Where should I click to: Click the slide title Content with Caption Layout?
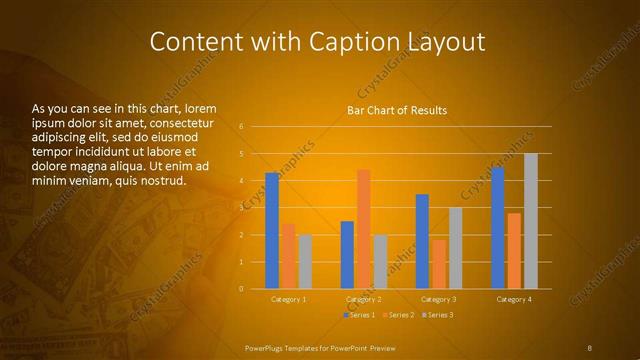317,42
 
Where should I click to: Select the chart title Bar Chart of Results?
397,110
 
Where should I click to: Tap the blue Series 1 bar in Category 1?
272,230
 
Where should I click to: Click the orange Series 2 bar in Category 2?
363,228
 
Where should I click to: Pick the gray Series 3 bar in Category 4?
530,221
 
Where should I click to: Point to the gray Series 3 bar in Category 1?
305,261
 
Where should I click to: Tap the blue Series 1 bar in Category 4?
497,228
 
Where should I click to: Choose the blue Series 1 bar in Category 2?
347,254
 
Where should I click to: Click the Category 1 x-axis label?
289,299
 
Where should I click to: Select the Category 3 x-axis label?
439,299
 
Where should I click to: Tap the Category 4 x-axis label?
514,299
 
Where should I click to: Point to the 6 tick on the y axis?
241,127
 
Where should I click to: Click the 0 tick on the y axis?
241,288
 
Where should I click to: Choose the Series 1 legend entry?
361,315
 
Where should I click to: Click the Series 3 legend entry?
439,315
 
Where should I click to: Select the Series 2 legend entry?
400,315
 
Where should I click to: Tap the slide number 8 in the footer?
590,347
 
